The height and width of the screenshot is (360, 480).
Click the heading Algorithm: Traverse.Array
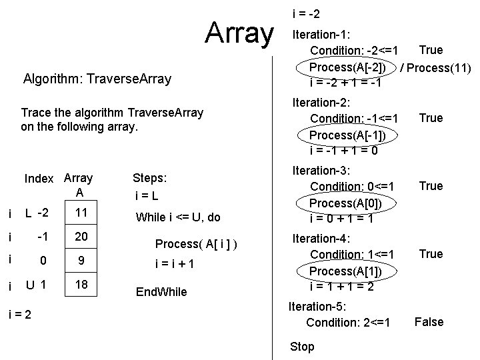point(97,79)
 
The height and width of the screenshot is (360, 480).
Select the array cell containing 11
point(82,213)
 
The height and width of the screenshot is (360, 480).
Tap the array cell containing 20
point(82,237)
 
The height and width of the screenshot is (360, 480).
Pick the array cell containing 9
point(82,262)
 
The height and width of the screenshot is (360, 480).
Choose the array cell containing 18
point(82,286)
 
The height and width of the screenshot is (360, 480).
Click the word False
point(429,322)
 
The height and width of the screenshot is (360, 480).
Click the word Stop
point(302,347)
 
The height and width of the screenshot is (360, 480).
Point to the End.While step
point(161,291)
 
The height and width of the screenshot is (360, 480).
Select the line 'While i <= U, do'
point(178,217)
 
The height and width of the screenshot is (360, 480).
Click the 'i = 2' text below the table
point(21,313)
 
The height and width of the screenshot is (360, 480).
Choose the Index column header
point(39,179)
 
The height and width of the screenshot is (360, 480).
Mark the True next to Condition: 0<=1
point(430,186)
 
